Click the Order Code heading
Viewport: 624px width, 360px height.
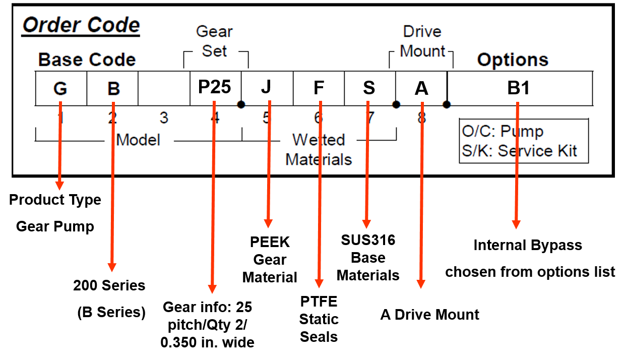[x=81, y=25]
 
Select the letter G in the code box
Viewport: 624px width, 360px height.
[x=60, y=89]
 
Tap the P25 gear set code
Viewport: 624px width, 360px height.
[x=215, y=87]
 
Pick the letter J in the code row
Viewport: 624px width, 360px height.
[x=266, y=87]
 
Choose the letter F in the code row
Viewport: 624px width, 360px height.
[x=319, y=88]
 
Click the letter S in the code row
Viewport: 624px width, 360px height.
[x=369, y=88]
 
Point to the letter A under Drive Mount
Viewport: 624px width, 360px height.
[x=421, y=89]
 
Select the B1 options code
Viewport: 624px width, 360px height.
[x=519, y=88]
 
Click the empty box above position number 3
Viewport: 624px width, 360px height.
[x=164, y=88]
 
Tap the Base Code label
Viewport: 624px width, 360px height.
[x=87, y=60]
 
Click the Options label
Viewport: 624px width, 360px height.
[x=513, y=60]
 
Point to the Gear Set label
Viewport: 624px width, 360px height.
[x=215, y=41]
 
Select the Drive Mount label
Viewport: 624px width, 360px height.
[x=422, y=41]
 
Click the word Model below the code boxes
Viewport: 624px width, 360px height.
[x=138, y=140]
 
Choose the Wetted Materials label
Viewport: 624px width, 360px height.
[x=319, y=149]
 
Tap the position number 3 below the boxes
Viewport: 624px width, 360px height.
[x=164, y=118]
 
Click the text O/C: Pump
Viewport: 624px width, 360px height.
[x=503, y=132]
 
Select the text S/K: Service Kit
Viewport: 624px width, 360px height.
[x=520, y=151]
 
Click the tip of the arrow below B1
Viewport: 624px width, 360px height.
[x=516, y=228]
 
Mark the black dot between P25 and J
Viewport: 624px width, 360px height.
[x=241, y=104]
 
